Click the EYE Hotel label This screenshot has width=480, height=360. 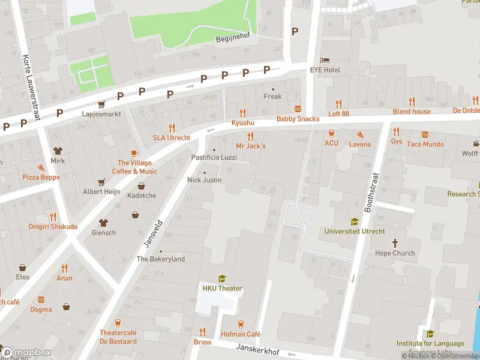325,70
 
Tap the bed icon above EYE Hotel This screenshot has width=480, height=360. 325,61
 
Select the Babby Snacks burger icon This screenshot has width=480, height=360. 298,109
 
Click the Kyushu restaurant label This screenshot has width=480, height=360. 243,122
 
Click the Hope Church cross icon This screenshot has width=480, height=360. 395,243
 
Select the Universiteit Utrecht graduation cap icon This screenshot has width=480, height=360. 355,221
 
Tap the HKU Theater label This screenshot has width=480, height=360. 221,289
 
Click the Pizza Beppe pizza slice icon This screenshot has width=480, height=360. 41,167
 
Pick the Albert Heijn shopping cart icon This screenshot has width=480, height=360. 101,182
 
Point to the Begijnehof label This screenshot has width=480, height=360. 232,40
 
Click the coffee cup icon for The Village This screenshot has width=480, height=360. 134,153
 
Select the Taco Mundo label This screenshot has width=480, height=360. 425,144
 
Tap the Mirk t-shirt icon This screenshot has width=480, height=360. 58,151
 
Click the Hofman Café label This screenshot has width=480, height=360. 241,334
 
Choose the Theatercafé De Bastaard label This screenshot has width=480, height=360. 118,337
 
